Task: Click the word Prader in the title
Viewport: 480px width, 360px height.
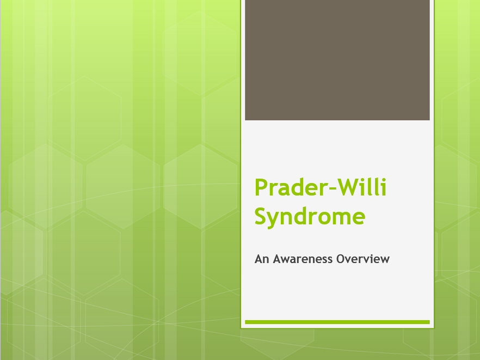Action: [287, 188]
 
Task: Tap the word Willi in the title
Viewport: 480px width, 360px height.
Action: [361, 188]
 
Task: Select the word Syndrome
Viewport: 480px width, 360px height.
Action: [310, 216]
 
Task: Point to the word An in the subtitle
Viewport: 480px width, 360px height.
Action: [261, 259]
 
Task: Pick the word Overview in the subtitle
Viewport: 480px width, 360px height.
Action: [363, 259]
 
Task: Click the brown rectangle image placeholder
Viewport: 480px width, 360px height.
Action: [337, 60]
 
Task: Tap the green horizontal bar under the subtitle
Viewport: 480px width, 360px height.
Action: [337, 322]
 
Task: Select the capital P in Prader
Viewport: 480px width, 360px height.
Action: [261, 188]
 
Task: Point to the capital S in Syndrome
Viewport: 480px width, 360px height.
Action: [261, 216]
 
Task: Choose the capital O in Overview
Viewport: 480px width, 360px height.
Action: [341, 259]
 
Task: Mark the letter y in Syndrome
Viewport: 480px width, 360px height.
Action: [275, 218]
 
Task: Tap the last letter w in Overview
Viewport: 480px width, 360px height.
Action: [385, 259]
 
